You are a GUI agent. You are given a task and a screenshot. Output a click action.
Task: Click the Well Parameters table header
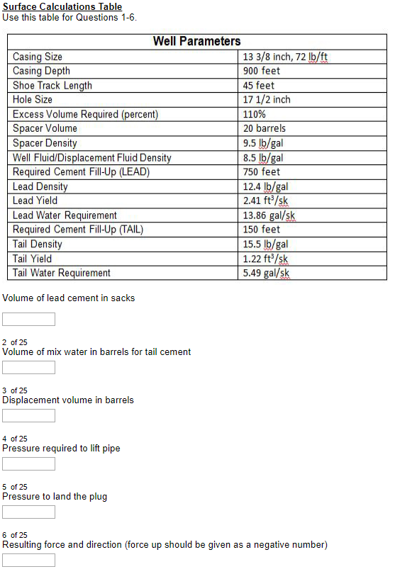196,41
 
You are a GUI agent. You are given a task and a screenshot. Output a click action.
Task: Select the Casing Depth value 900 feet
262,71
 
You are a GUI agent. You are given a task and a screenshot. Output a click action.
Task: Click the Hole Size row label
33,100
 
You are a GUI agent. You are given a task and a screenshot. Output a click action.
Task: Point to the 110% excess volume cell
254,114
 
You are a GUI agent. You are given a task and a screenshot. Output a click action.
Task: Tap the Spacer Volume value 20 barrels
264,128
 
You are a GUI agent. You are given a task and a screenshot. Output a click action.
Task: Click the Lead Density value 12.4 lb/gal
265,186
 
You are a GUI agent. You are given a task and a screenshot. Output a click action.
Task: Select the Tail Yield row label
33,259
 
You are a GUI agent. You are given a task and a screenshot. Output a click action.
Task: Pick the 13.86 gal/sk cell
269,215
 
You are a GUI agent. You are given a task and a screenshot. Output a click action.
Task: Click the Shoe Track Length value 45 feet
259,86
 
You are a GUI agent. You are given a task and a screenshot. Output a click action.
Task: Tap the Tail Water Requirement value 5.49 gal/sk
266,273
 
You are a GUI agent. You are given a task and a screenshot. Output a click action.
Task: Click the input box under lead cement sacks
28,320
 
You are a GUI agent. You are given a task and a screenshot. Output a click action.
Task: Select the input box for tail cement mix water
28,368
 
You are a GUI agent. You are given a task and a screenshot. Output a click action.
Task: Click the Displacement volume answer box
28,416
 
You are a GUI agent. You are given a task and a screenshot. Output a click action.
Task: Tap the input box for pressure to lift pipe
28,464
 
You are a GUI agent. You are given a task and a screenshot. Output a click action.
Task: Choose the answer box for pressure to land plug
28,512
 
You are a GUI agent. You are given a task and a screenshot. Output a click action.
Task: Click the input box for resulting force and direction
28,561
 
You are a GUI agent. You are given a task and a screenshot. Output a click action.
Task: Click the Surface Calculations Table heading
62,6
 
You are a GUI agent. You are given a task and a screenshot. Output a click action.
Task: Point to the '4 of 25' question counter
15,439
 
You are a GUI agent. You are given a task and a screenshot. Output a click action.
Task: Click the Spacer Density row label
45,143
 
